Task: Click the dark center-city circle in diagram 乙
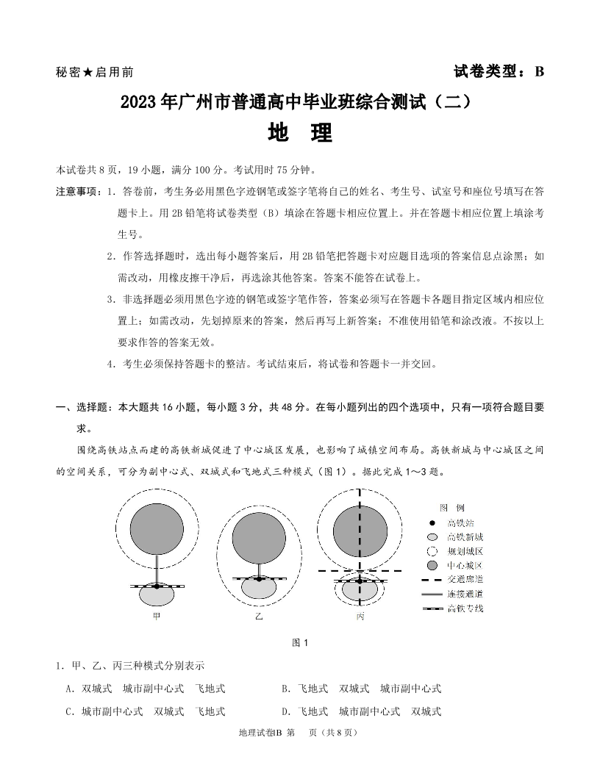(x=259, y=539)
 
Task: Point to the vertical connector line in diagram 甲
(x=157, y=570)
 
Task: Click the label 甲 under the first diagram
(x=157, y=617)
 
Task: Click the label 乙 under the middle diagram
(x=259, y=617)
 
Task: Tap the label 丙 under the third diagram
(x=360, y=617)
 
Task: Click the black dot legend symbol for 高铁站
(x=432, y=522)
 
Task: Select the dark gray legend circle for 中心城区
(x=432, y=565)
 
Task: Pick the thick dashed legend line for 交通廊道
(x=432, y=579)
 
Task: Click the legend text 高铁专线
(x=465, y=608)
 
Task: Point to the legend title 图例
(x=451, y=508)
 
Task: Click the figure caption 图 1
(x=300, y=643)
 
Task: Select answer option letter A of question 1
(x=68, y=689)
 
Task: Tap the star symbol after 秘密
(x=87, y=72)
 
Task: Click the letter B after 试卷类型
(x=539, y=71)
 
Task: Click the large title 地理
(x=300, y=133)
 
